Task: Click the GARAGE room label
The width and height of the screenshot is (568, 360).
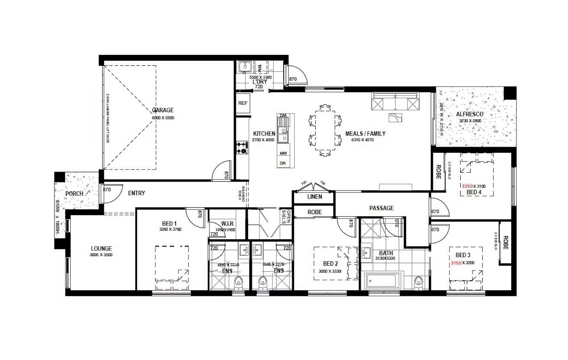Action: pos(162,110)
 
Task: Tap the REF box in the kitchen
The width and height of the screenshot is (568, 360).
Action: pos(243,104)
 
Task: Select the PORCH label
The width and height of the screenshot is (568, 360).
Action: pos(74,193)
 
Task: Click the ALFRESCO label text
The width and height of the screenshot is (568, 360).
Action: pos(470,114)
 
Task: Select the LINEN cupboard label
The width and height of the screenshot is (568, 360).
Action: pos(314,197)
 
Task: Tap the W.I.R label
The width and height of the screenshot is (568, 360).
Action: pos(227,223)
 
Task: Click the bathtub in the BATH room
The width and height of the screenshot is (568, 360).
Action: pos(384,282)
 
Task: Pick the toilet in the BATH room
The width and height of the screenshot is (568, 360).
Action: pos(418,282)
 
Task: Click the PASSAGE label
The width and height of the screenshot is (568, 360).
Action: pos(381,208)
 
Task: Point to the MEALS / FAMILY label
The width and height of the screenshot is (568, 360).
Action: pos(365,134)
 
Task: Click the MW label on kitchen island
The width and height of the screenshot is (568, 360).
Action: pos(283,154)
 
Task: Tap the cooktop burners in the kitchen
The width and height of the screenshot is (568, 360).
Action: pos(242,148)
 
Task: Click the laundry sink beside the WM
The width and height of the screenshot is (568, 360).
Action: pos(245,67)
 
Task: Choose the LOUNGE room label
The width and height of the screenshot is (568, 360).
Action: pos(101,249)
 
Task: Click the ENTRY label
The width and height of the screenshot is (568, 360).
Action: pos(136,193)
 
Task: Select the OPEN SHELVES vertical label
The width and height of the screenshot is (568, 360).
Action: pos(284,216)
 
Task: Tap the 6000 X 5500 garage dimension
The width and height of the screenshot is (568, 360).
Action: pos(162,117)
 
